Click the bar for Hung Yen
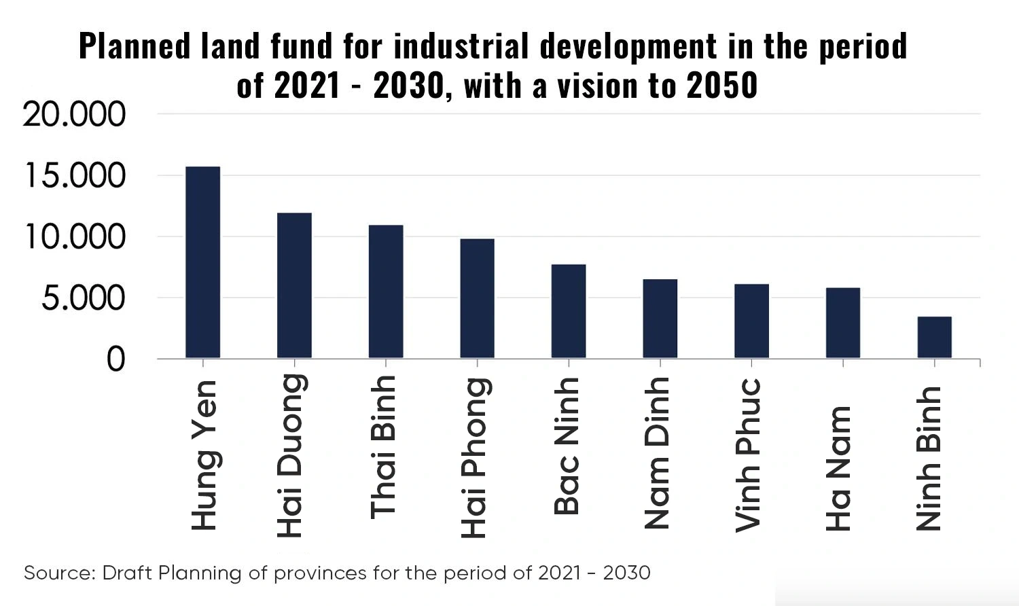click(202, 262)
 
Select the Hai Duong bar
click(294, 285)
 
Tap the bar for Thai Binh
click(386, 291)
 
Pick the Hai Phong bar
click(477, 298)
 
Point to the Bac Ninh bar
click(569, 311)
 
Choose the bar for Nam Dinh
click(660, 319)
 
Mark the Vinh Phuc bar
click(751, 321)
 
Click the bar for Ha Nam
click(843, 323)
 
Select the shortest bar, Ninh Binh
click(934, 337)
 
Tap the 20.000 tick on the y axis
click(75, 115)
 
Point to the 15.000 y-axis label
click(75, 176)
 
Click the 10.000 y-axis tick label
click(75, 237)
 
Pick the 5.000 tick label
click(84, 298)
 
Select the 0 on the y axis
click(116, 359)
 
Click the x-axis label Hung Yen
click(204, 454)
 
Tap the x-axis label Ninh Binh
click(929, 459)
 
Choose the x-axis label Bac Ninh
click(567, 446)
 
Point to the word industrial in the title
click(461, 46)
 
